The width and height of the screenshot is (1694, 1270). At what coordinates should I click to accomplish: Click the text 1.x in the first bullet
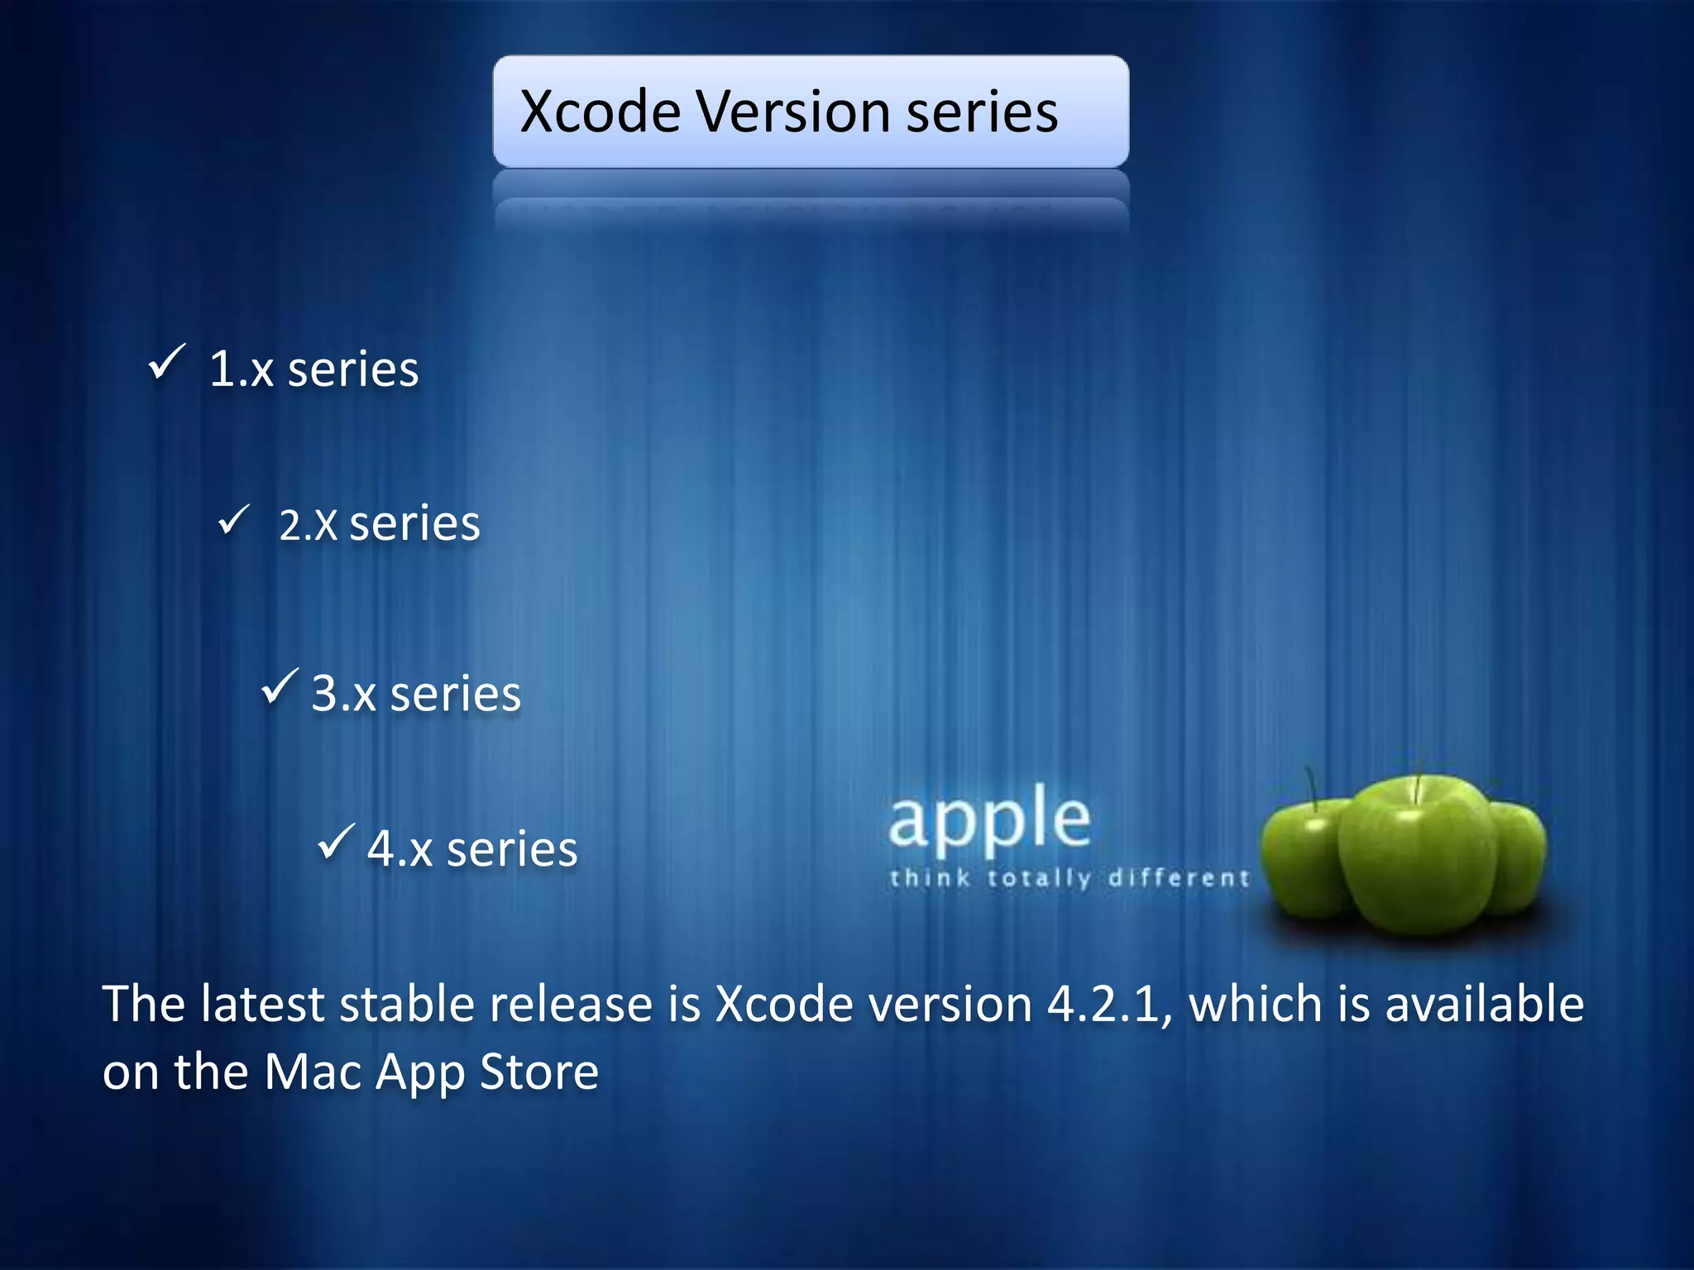click(241, 369)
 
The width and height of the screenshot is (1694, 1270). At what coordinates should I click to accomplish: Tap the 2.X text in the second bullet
click(308, 525)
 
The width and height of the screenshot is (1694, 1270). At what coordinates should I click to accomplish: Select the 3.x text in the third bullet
click(343, 693)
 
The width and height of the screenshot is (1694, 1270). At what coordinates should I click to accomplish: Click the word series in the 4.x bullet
click(512, 849)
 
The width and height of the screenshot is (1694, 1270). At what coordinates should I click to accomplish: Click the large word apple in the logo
click(989, 820)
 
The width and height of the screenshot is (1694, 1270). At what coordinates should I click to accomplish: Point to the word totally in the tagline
click(1039, 877)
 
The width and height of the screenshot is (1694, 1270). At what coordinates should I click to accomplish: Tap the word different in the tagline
click(1179, 877)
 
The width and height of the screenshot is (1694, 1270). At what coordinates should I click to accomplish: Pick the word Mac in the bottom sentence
click(313, 1072)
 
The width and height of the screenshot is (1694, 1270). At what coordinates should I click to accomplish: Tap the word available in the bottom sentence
click(1484, 1005)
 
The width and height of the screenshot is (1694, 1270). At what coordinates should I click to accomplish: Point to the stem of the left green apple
click(1311, 785)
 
